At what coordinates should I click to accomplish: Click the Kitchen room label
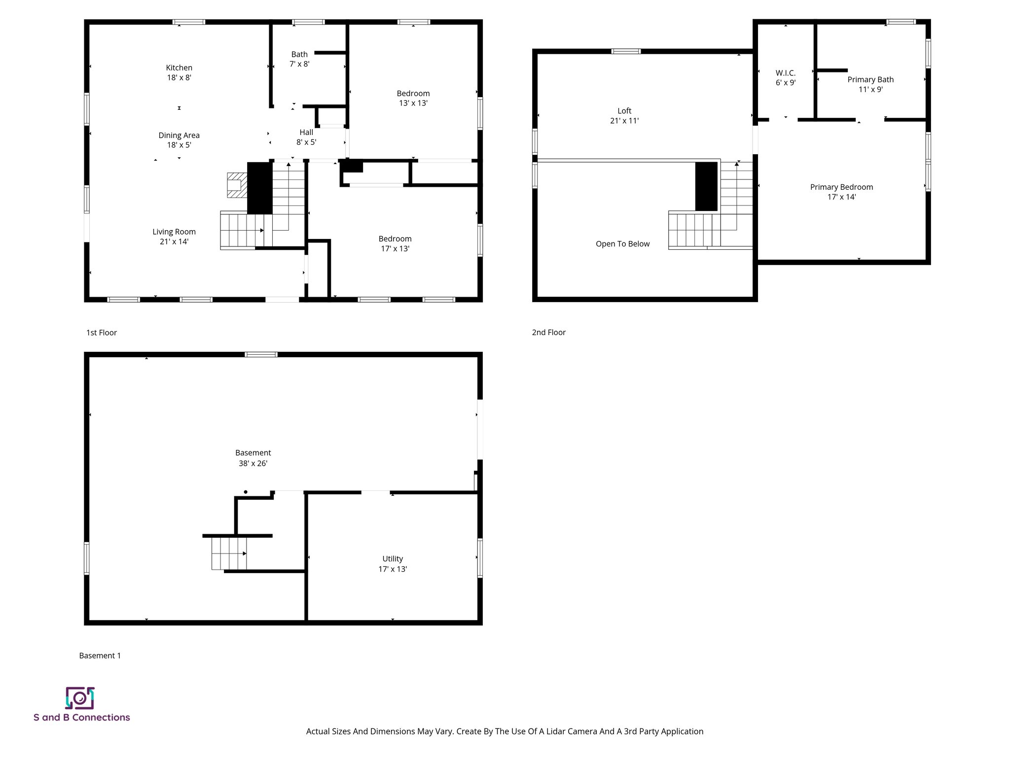[x=179, y=68]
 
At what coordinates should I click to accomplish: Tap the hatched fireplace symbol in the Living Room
[x=236, y=185]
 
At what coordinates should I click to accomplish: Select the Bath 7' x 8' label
[x=299, y=59]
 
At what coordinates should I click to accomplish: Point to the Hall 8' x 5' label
[x=306, y=137]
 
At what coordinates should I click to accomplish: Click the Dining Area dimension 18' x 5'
[x=179, y=145]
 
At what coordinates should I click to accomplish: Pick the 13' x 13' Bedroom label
[x=413, y=98]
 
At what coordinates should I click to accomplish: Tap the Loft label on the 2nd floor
[x=624, y=111]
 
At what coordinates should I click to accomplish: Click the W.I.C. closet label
[x=785, y=73]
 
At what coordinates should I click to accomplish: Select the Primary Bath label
[x=870, y=80]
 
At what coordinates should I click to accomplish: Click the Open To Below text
[x=622, y=244]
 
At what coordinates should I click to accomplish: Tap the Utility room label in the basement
[x=392, y=559]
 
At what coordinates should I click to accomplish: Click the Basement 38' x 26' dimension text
[x=252, y=464]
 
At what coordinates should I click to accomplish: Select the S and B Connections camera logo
[x=80, y=698]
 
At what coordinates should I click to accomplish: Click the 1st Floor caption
[x=101, y=333]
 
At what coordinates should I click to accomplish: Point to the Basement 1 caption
[x=100, y=655]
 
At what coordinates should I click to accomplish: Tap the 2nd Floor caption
[x=548, y=333]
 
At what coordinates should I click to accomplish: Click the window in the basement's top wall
[x=261, y=354]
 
